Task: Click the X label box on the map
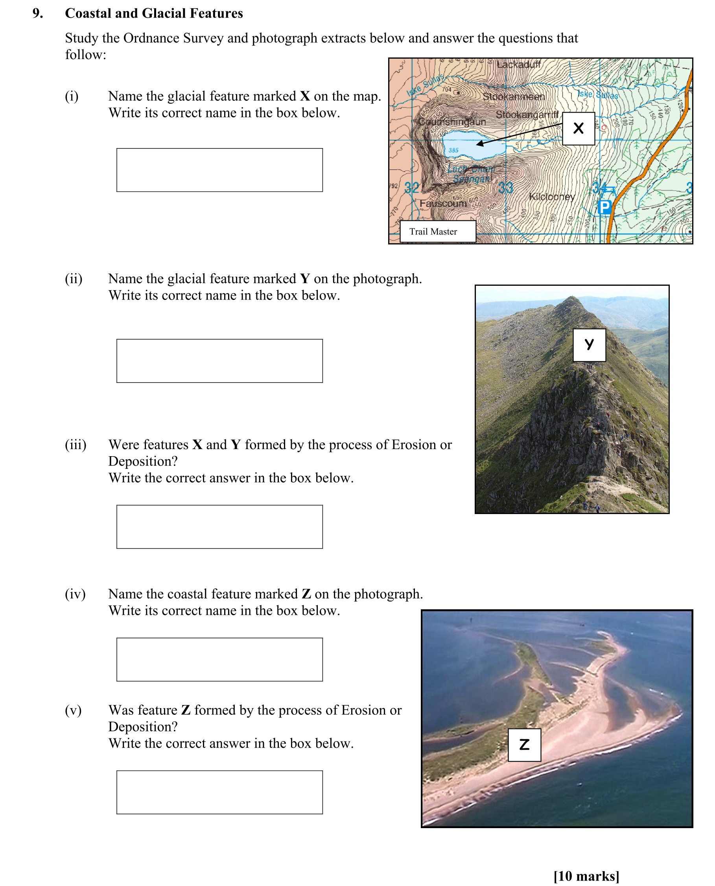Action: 578,128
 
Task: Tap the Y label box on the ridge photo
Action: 589,344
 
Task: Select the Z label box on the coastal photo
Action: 524,745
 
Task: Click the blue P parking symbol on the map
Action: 604,207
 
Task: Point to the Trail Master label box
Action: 437,231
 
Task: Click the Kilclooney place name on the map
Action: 551,196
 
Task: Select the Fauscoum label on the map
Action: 443,203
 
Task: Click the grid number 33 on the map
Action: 505,188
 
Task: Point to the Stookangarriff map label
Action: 527,115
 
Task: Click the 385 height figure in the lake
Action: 453,150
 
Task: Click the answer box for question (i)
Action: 219,170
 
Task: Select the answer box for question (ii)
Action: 219,361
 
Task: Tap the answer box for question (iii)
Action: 219,527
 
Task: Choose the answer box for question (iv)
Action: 219,659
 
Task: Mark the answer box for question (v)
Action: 219,792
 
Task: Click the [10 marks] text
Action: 586,876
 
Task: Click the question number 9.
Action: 37,13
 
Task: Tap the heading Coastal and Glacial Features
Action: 154,13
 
